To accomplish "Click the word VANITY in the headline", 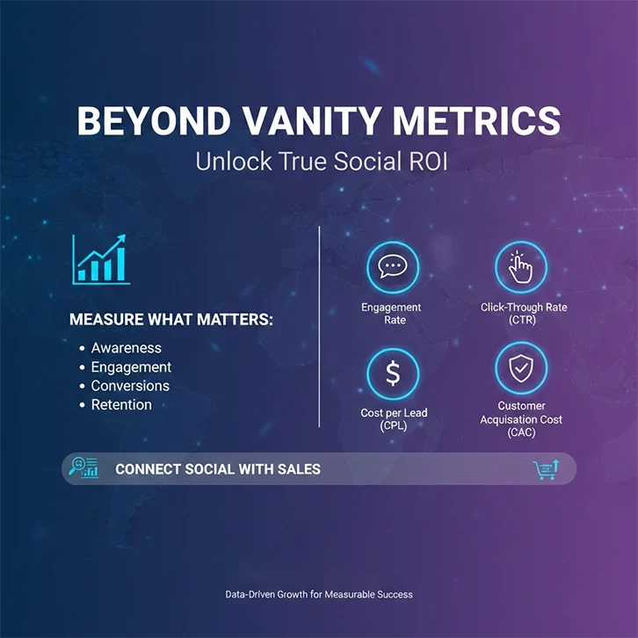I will point(277,121).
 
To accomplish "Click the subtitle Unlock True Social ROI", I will point(318,163).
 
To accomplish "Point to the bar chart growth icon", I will point(101,259).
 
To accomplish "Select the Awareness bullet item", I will point(126,348).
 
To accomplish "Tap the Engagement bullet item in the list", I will point(131,367).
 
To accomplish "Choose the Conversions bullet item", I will point(130,386).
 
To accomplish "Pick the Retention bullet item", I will point(121,405).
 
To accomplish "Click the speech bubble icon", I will point(392,267).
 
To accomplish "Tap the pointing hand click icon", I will point(521,267).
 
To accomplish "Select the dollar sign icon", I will point(392,373).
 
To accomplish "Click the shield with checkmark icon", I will point(521,369).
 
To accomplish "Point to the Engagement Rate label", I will point(391,314).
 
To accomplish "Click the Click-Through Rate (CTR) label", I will point(524,314).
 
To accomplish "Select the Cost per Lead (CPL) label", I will point(394,419).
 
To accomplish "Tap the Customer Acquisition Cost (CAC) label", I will point(521,419).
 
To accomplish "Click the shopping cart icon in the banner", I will point(545,470).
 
